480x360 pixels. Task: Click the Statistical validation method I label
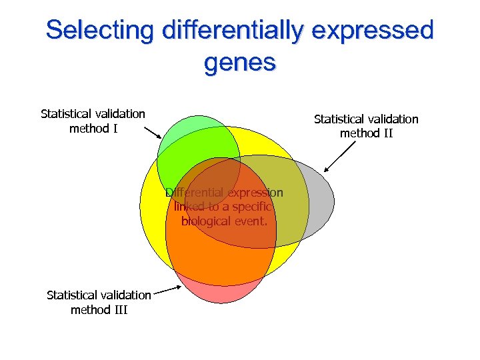pyautogui.click(x=93, y=121)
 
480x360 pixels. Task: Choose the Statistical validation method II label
pyautogui.click(x=366, y=126)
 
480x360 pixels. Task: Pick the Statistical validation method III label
pyautogui.click(x=99, y=302)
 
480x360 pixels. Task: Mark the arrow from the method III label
pyautogui.click(x=167, y=289)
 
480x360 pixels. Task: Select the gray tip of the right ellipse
pyautogui.click(x=321, y=200)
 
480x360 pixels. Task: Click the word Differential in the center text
pyautogui.click(x=195, y=193)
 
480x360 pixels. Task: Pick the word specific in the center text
pyautogui.click(x=249, y=207)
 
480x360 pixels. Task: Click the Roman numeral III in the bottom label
pyautogui.click(x=120, y=309)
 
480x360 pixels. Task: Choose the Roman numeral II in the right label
pyautogui.click(x=387, y=133)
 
